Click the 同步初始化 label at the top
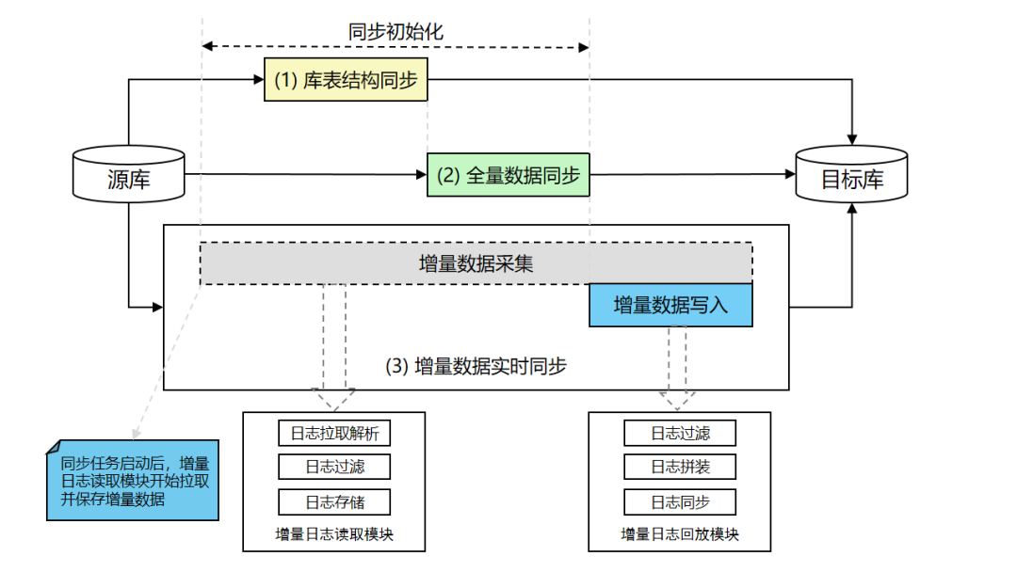point(395,31)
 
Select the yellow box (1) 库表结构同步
point(346,81)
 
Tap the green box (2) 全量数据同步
point(508,174)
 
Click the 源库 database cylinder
point(128,174)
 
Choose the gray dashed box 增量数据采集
point(476,263)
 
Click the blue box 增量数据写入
point(670,305)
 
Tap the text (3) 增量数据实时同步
point(476,366)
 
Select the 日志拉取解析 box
point(334,434)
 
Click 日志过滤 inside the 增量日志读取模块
point(334,468)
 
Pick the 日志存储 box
point(334,501)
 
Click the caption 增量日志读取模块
point(334,534)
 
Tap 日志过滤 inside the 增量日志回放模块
point(680,434)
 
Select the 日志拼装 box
point(680,468)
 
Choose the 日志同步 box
point(680,501)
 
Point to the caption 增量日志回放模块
point(680,534)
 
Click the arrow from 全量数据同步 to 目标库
point(692,174)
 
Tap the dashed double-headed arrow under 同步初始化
point(395,46)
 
